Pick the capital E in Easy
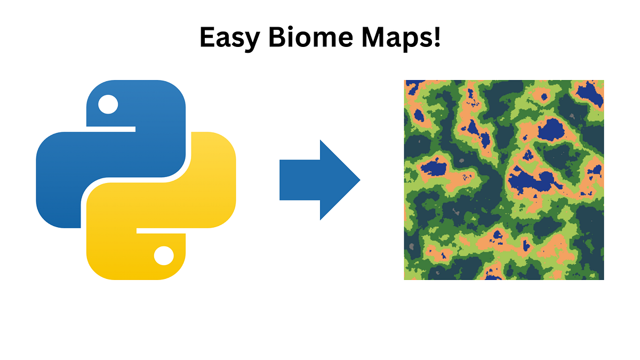point(207,37)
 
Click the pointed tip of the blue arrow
point(358,180)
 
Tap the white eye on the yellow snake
point(163,256)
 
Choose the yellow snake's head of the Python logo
point(136,256)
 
